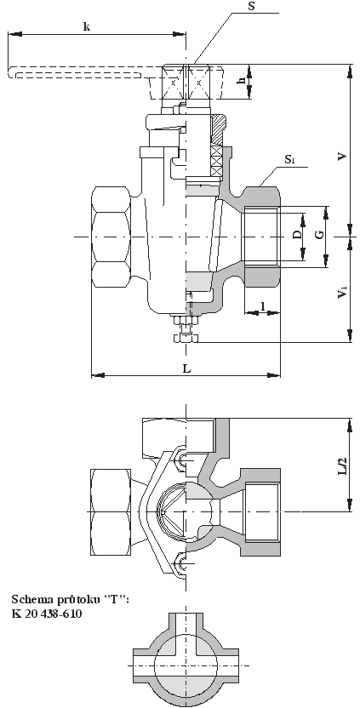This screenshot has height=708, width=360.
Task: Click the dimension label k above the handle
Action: (x=87, y=26)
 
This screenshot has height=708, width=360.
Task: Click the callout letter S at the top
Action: (x=252, y=7)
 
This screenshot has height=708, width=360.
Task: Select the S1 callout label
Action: (x=290, y=159)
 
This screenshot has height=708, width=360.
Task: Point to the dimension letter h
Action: (x=242, y=80)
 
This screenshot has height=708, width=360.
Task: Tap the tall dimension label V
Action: (x=343, y=157)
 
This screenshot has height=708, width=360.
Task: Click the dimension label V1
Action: (x=343, y=294)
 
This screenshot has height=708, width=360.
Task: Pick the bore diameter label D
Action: (x=296, y=234)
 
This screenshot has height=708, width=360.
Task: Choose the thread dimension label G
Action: (x=319, y=234)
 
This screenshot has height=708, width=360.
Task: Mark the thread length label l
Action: (x=262, y=305)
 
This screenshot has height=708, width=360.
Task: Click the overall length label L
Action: (x=186, y=369)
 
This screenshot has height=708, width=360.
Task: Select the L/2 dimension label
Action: (x=343, y=465)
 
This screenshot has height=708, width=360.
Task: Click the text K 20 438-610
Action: (x=47, y=614)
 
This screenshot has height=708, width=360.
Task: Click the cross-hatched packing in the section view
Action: (x=217, y=161)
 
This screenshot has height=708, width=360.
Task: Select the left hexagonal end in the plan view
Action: (x=111, y=511)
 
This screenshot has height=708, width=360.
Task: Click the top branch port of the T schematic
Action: (x=186, y=622)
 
